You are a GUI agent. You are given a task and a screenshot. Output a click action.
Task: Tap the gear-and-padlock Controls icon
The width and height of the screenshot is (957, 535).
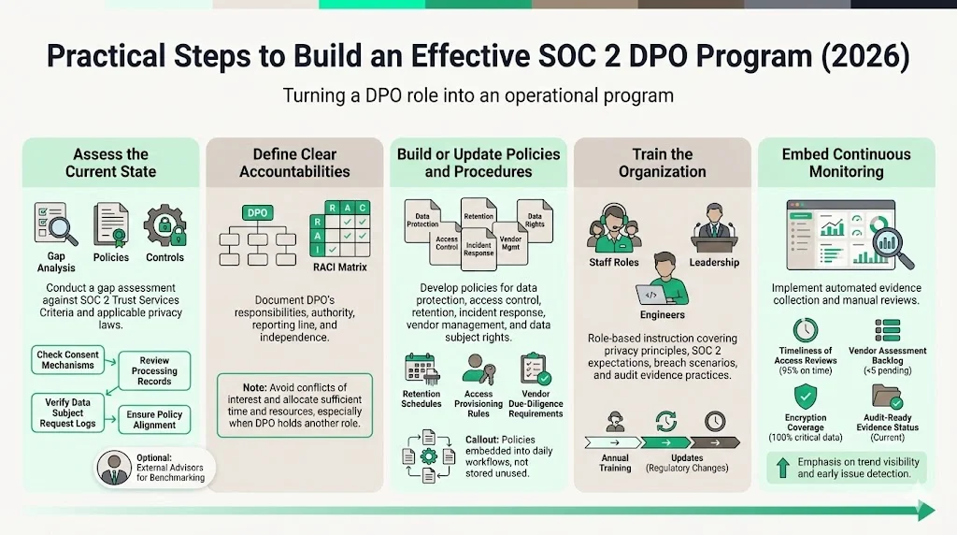click(x=164, y=225)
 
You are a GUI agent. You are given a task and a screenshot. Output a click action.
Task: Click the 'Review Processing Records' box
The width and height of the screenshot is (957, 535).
click(x=154, y=369)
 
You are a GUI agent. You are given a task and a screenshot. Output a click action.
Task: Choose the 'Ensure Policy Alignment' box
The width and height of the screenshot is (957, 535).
click(x=154, y=419)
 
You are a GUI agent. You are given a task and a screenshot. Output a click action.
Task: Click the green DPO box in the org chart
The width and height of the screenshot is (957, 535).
click(x=257, y=212)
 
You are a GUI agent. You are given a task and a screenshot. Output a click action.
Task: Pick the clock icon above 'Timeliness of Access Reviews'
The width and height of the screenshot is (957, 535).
click(x=805, y=331)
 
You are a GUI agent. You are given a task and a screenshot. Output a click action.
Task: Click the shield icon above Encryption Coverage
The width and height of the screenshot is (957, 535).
click(x=805, y=395)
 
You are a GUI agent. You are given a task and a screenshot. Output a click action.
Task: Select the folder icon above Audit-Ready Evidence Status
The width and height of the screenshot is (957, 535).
click(x=887, y=396)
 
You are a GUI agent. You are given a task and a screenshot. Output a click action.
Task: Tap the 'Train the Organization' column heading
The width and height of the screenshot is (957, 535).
click(x=662, y=163)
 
